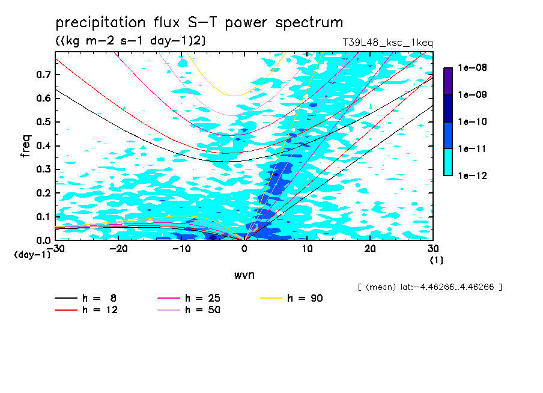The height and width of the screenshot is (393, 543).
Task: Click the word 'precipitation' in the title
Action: pos(100,23)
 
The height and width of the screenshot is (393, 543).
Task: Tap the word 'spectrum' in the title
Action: pos(309,23)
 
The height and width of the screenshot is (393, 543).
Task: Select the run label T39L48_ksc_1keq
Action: pos(388,43)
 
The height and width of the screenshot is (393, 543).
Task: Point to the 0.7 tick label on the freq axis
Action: pos(43,75)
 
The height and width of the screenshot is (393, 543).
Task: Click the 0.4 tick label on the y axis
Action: pos(43,145)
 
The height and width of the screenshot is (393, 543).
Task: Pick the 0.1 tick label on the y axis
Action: pos(43,216)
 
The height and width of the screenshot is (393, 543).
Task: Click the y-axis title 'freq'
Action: pos(26,146)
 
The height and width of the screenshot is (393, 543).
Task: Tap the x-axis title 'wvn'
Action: pos(244,275)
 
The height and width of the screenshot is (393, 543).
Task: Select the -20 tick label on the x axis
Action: pos(118,249)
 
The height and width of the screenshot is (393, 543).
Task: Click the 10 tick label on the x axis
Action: pos(307,249)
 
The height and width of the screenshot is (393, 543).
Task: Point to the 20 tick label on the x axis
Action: pos(370,249)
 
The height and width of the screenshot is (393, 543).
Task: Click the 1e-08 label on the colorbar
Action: pos(472,67)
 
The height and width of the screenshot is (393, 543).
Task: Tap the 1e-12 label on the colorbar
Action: pos(472,175)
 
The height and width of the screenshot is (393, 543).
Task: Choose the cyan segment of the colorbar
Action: pos(448,162)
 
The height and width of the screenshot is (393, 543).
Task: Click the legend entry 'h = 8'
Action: pos(86,298)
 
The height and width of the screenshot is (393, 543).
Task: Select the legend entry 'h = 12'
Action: pos(86,309)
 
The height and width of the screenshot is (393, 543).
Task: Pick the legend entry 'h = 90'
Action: pos(291,298)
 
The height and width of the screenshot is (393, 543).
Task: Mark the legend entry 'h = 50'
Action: pos(189,309)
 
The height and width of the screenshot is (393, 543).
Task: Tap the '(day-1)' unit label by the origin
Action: pos(32,255)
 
